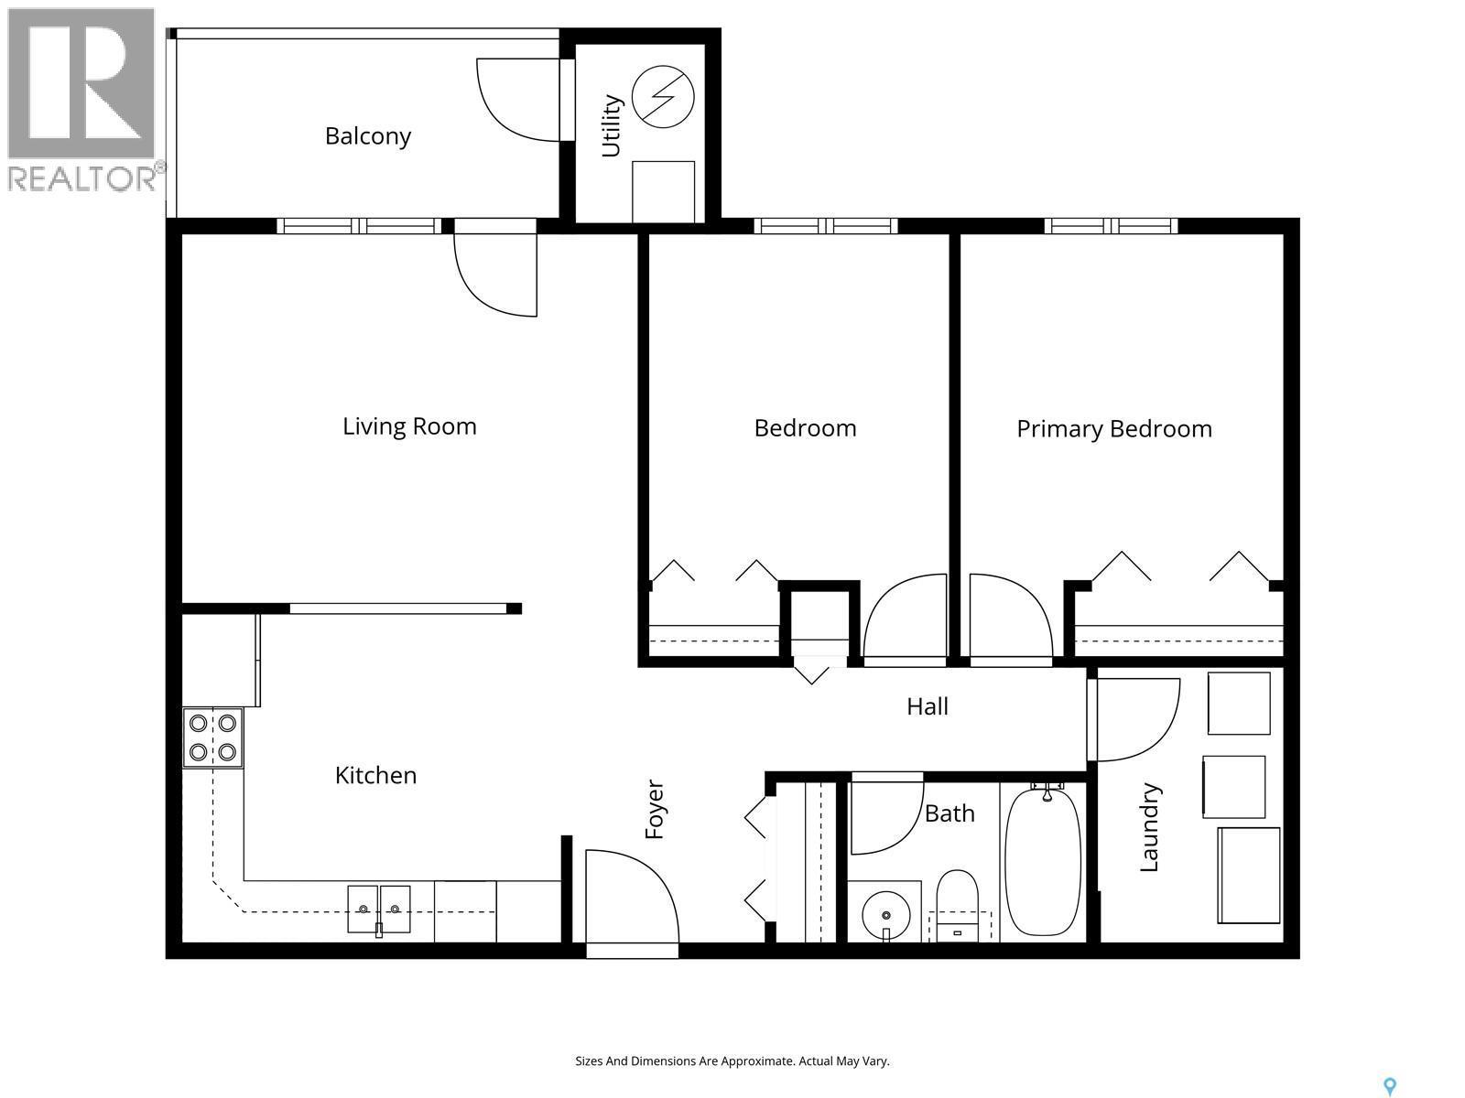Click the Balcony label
tap(368, 136)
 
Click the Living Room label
tap(409, 426)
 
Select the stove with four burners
tap(212, 737)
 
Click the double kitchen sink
tap(379, 909)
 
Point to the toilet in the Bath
tap(957, 906)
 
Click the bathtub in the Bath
tap(1042, 860)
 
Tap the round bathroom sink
tap(885, 914)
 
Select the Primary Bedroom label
tap(1113, 429)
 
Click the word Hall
tap(927, 706)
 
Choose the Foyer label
tap(655, 809)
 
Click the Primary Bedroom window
tap(1111, 226)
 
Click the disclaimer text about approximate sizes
tap(732, 1061)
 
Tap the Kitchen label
tap(375, 776)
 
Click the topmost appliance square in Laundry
tap(1238, 703)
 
